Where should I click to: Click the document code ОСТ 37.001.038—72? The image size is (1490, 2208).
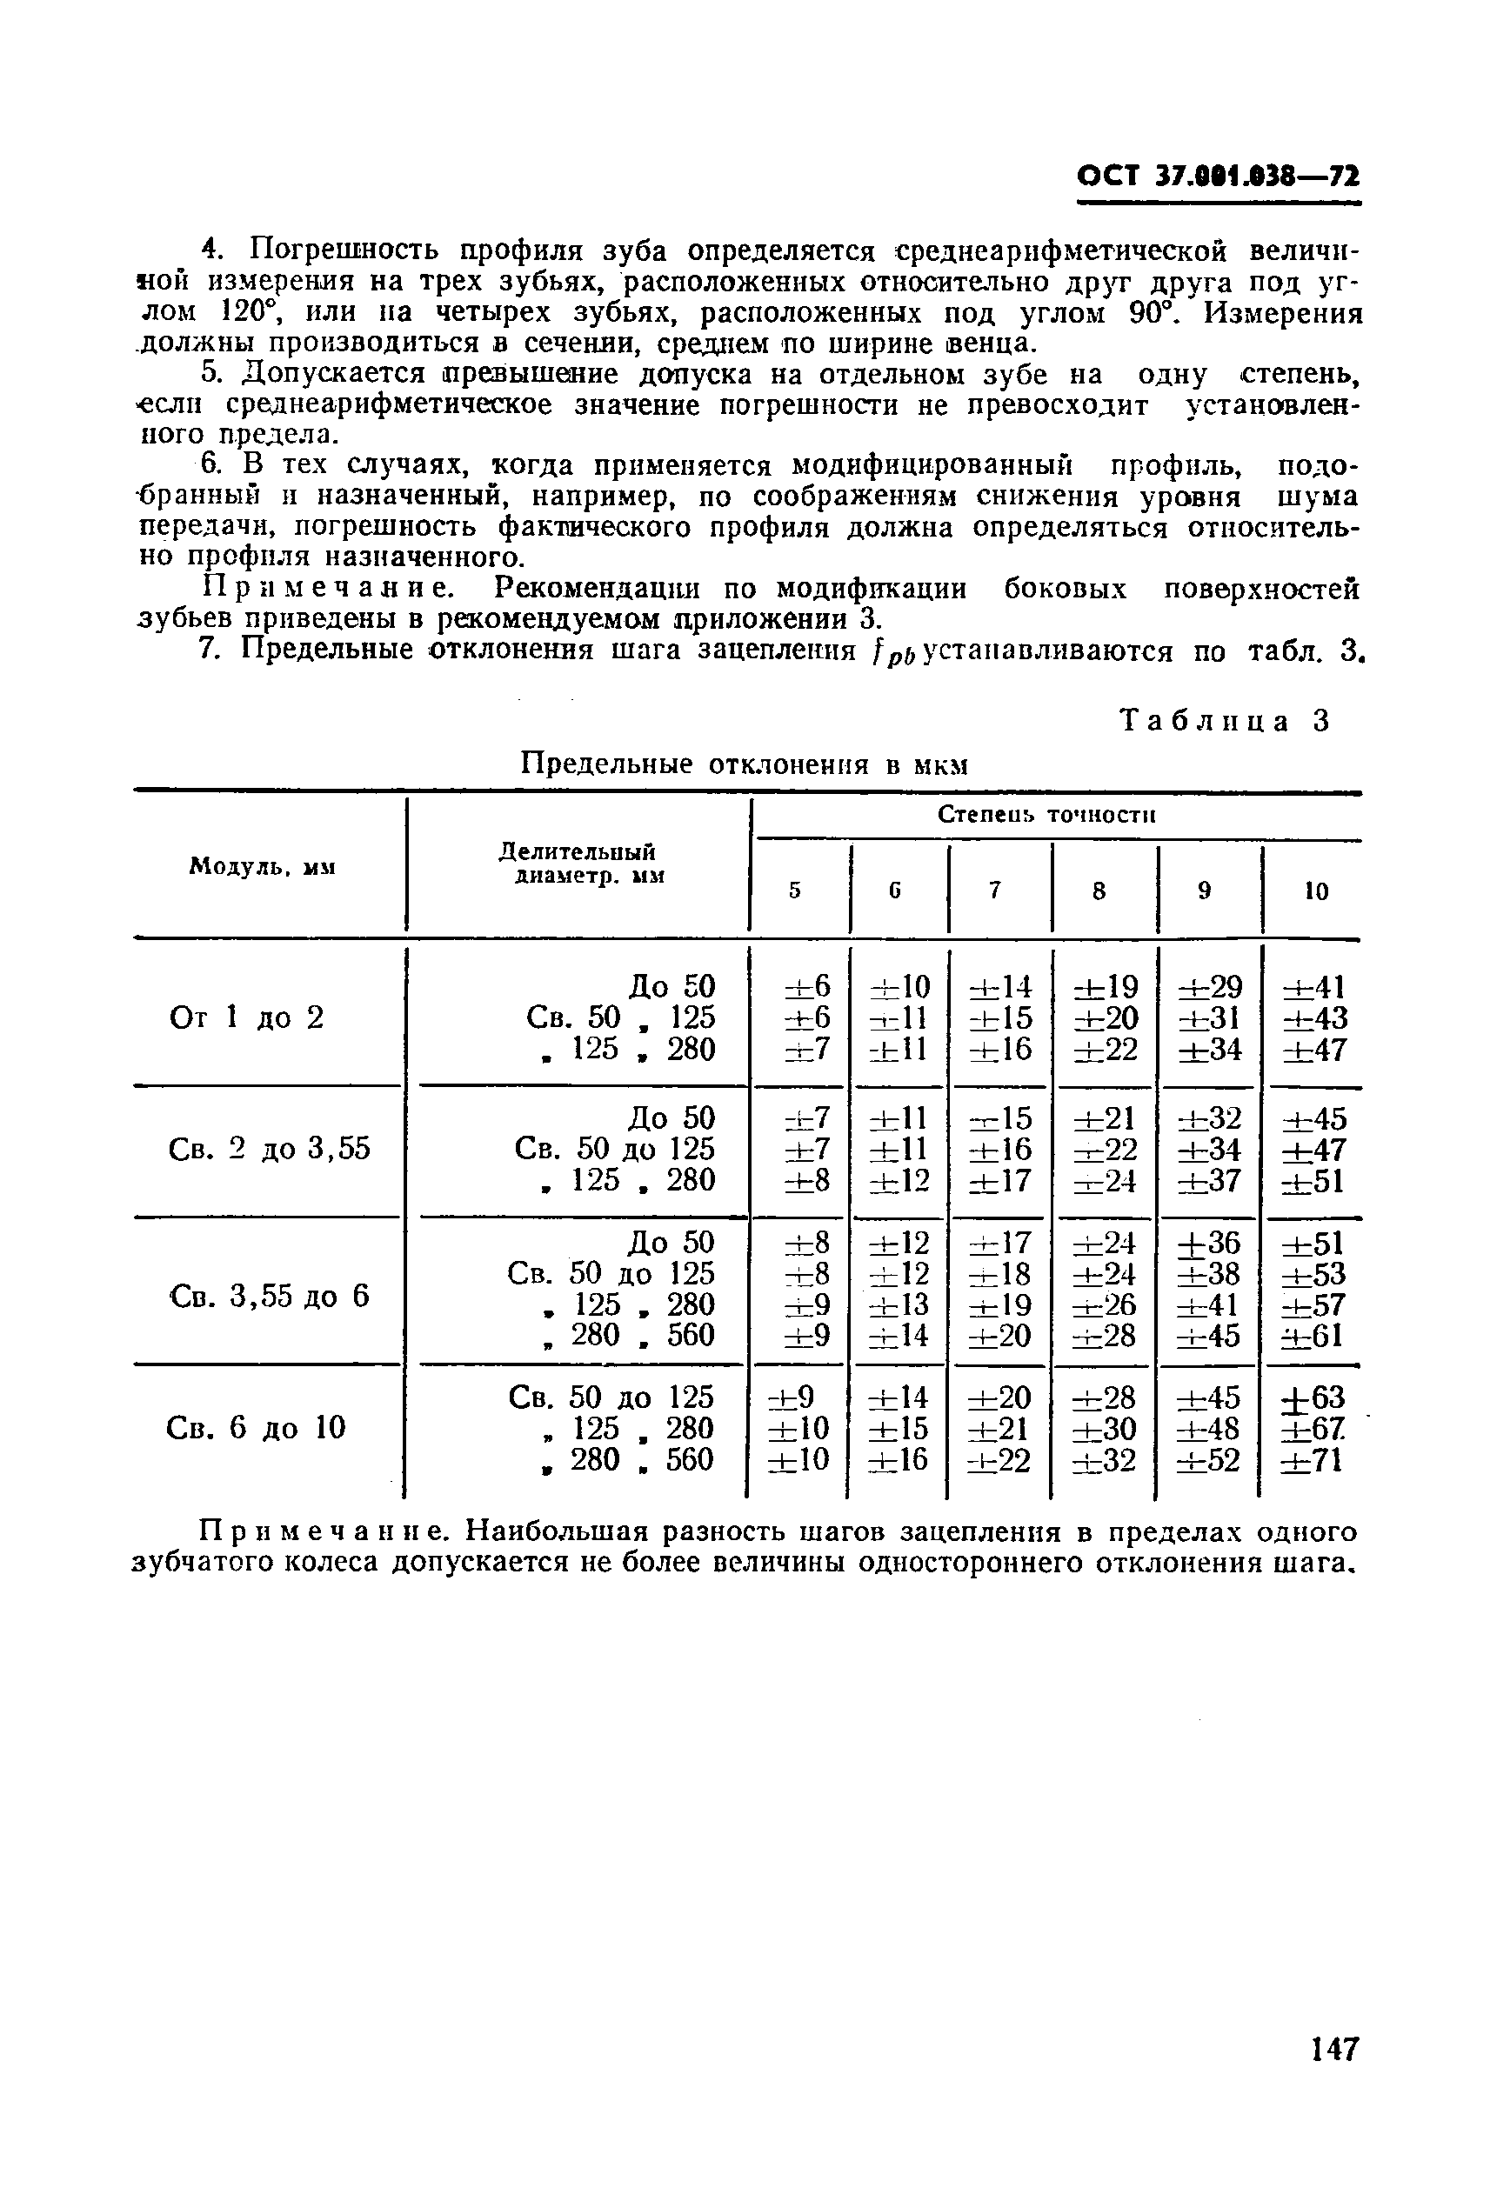point(1219,177)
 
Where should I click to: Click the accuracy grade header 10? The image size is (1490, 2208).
point(1315,891)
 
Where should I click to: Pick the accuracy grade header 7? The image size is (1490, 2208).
point(995,891)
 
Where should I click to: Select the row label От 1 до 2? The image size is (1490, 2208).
point(247,1017)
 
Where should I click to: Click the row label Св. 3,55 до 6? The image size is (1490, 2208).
point(268,1296)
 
